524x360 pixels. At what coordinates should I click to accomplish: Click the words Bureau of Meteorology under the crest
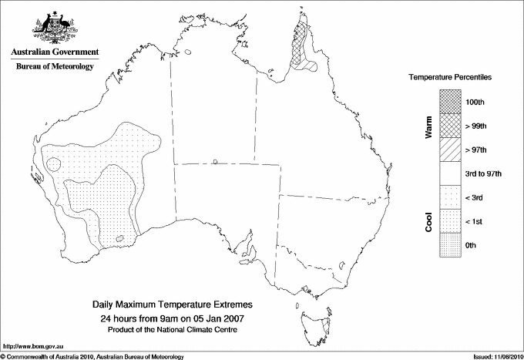pyautogui.click(x=55, y=66)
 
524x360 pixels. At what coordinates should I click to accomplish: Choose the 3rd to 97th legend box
pyautogui.click(x=449, y=173)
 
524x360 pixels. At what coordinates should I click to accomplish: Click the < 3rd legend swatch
pyautogui.click(x=449, y=197)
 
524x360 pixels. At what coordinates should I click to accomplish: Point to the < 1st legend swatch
pyautogui.click(x=449, y=221)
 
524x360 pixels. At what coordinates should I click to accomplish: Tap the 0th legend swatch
pyautogui.click(x=449, y=245)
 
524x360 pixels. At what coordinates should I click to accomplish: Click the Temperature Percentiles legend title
pyautogui.click(x=450, y=78)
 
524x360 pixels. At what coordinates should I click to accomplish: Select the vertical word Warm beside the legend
pyautogui.click(x=428, y=126)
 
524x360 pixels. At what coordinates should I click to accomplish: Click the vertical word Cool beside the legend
pyautogui.click(x=428, y=221)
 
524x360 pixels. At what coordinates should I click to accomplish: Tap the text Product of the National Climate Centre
pyautogui.click(x=178, y=329)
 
